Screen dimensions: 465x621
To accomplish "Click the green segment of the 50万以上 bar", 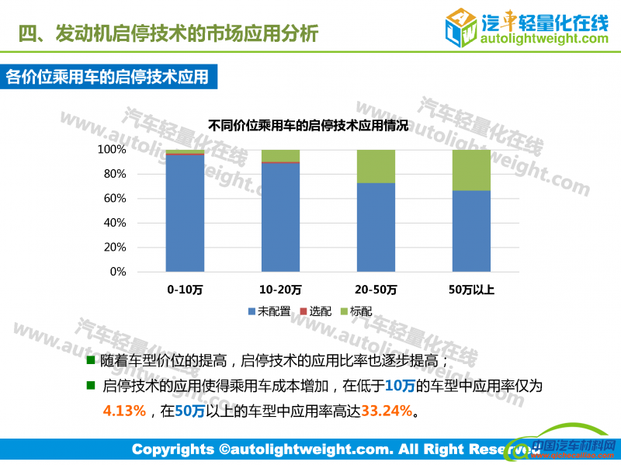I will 471,170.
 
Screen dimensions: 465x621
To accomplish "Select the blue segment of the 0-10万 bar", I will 185,213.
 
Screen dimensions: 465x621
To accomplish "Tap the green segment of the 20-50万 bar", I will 376,166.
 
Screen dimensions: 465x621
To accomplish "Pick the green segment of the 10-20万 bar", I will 280,154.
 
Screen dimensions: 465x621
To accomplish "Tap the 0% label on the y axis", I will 118,272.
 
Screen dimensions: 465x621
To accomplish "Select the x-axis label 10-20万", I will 280,290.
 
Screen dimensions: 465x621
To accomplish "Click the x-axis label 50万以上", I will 471,290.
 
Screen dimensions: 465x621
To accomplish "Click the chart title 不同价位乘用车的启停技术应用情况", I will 308,125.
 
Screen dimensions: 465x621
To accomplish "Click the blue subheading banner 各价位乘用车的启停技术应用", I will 108,77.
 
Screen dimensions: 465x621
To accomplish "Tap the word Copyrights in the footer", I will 172,449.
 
